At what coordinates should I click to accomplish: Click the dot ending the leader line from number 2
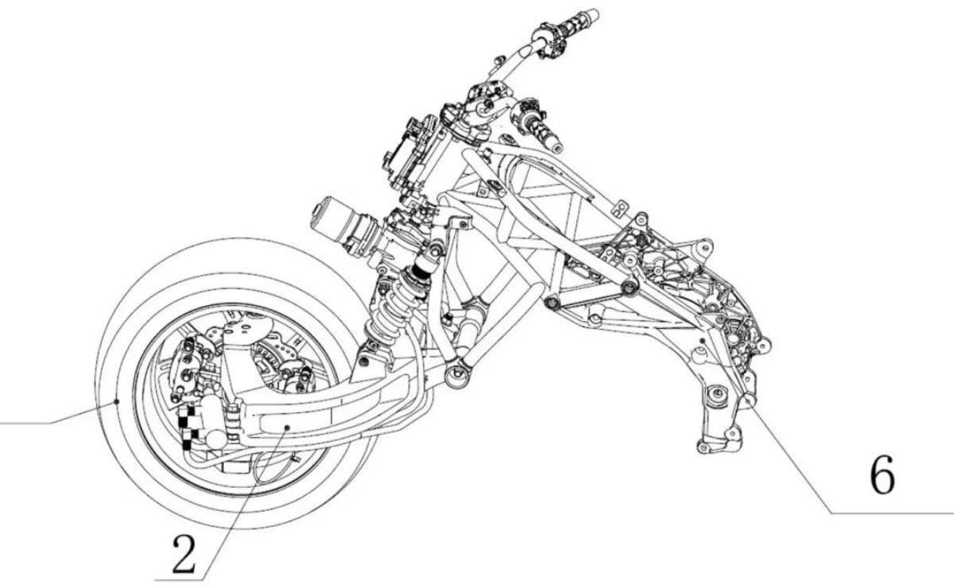(x=288, y=427)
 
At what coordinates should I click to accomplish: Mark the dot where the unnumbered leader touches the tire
(x=117, y=401)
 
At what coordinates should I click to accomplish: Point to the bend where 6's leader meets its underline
(x=831, y=513)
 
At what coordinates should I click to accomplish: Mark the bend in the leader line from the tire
(x=50, y=423)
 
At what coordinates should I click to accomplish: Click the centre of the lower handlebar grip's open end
(x=557, y=148)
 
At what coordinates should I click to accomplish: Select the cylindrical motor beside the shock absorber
(x=345, y=226)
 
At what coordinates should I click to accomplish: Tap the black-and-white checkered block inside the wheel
(x=188, y=427)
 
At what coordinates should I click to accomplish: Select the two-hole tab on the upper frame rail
(x=622, y=208)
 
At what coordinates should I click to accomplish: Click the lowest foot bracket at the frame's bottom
(x=719, y=443)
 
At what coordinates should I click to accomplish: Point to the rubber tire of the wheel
(x=234, y=383)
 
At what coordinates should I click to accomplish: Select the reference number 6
(x=882, y=476)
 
